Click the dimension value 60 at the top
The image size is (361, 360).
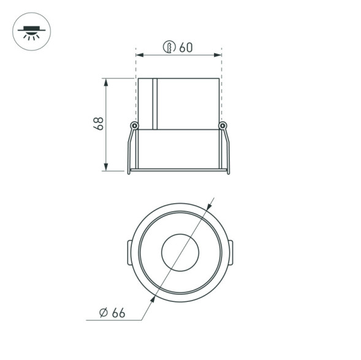tap(186, 47)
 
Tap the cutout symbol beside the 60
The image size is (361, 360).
tap(170, 47)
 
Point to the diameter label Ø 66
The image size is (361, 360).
tap(112, 313)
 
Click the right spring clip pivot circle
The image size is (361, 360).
tap(222, 126)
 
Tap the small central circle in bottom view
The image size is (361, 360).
tap(179, 252)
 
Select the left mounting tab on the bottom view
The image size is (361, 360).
tap(129, 253)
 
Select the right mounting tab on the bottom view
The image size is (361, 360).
tap(230, 253)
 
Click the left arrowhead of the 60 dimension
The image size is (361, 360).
tap(140, 56)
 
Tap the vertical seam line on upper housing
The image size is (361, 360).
tap(157, 104)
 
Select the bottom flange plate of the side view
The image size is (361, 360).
tap(178, 170)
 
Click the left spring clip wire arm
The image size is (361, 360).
tap(131, 150)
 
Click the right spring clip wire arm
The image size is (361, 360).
tap(227, 150)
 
